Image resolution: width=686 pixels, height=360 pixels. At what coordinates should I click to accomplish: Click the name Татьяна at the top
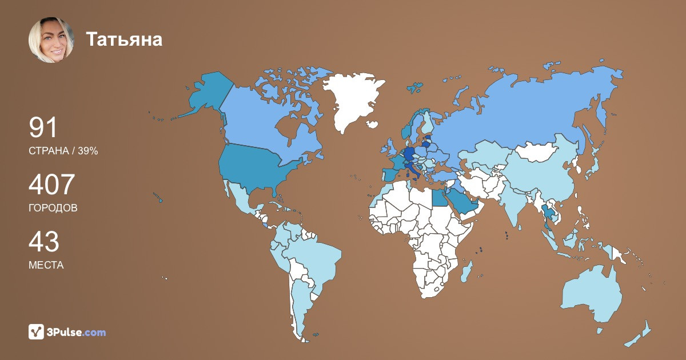click(124, 39)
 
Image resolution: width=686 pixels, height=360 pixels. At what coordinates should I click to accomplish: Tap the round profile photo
click(51, 40)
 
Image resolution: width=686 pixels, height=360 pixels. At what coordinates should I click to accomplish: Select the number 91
click(43, 128)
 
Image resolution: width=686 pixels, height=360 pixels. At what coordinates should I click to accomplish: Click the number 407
click(52, 185)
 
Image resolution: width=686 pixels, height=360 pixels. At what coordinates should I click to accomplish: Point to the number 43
click(44, 242)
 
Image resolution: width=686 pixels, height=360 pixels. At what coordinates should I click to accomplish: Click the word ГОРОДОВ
click(53, 208)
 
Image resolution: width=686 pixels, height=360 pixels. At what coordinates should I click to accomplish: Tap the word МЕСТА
click(46, 265)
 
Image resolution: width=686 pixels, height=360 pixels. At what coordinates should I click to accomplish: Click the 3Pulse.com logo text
click(77, 332)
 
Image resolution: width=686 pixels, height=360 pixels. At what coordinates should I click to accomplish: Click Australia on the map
click(592, 294)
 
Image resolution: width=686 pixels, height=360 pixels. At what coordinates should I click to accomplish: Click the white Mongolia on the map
click(537, 151)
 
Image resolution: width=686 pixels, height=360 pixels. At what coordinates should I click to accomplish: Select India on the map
click(517, 203)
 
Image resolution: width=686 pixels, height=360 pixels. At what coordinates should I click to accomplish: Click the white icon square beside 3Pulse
click(37, 331)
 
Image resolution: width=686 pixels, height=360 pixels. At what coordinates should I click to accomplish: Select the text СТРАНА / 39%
click(63, 151)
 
